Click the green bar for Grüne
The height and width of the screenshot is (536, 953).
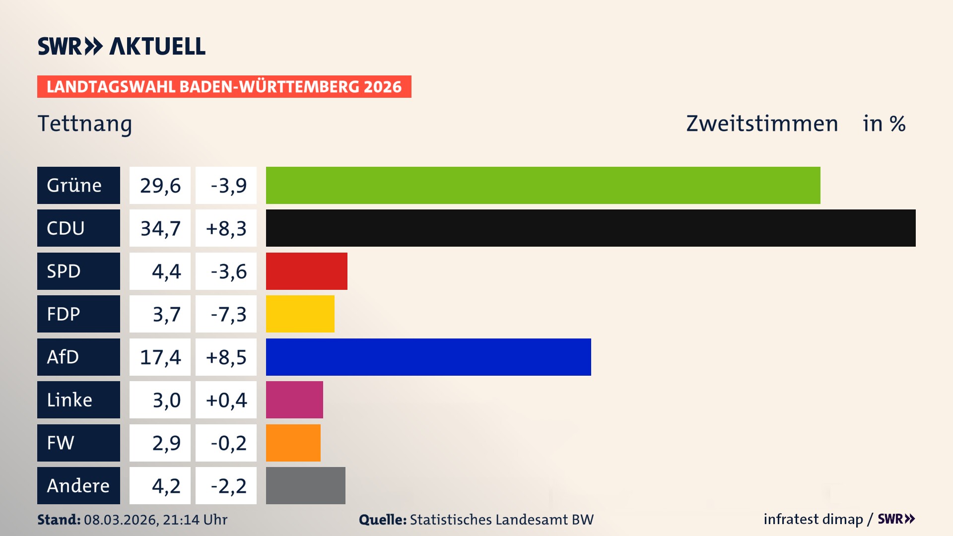coord(543,185)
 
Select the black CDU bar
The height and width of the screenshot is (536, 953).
coord(591,228)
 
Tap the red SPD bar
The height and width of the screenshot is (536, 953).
coord(307,271)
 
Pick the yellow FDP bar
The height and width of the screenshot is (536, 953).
coord(300,314)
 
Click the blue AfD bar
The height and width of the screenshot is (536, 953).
coord(428,357)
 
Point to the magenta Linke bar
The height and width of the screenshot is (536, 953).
coord(294,400)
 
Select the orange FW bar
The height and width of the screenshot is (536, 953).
coord(293,443)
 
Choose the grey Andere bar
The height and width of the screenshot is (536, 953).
coord(306,485)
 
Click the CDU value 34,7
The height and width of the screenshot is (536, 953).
coord(160,228)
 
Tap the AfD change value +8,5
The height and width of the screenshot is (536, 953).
coord(226,357)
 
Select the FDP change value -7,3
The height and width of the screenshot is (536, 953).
coord(228,314)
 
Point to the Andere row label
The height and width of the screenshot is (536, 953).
coord(78,485)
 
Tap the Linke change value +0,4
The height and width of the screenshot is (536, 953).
coord(226,400)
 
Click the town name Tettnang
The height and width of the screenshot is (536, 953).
coord(85,124)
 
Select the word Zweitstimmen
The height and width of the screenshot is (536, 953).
coord(762,124)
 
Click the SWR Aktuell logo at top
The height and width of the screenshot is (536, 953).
coord(122,46)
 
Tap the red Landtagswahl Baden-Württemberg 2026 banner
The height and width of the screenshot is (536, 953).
coord(224,86)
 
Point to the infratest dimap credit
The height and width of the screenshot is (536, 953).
coord(813,519)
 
